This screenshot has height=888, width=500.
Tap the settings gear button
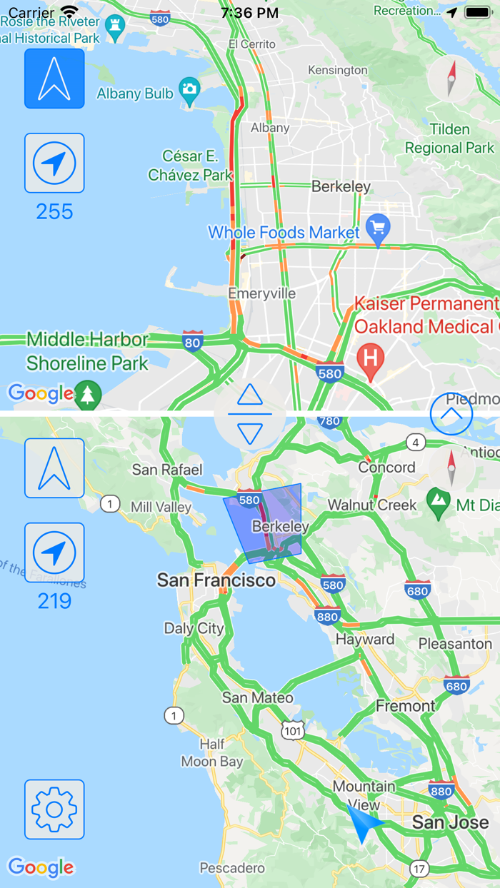click(x=54, y=809)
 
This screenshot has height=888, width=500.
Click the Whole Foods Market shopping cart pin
click(x=378, y=228)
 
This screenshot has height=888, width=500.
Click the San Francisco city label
click(x=216, y=580)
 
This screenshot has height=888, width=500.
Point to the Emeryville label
click(x=261, y=293)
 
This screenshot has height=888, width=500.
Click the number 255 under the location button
click(x=54, y=212)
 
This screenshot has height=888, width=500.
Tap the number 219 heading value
click(x=54, y=602)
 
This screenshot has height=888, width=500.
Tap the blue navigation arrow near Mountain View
click(x=362, y=822)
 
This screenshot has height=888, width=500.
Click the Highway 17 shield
click(x=419, y=868)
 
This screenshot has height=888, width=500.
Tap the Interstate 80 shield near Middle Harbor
click(x=192, y=342)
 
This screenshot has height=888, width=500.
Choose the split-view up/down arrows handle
click(x=250, y=414)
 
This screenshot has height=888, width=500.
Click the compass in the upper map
click(x=451, y=79)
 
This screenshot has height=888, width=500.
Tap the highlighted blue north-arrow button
click(x=54, y=79)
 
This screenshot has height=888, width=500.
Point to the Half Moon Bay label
click(x=212, y=753)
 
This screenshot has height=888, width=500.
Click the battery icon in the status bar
click(x=477, y=12)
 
